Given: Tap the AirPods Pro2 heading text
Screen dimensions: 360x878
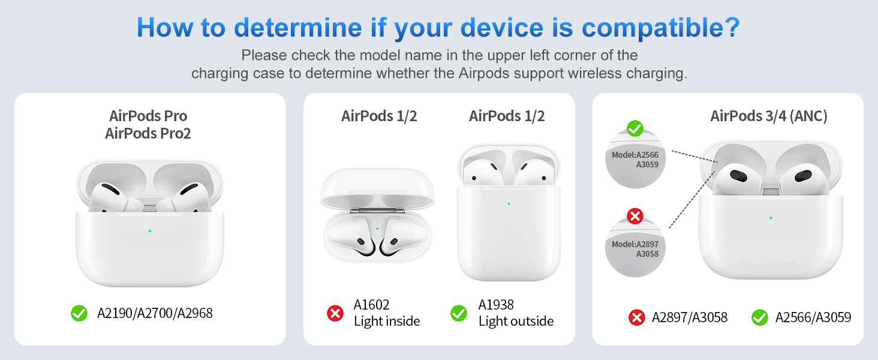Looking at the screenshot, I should tap(148, 133).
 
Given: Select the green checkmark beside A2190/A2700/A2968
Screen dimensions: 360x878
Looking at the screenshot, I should tap(79, 313).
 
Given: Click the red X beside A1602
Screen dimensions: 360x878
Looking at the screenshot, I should tap(335, 313).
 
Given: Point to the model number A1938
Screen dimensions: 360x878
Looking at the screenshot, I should tap(496, 305).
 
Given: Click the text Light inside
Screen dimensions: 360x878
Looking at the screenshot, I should tap(387, 322).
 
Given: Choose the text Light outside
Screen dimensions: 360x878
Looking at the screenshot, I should tap(516, 322).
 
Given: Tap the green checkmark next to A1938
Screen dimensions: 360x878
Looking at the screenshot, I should tap(459, 313).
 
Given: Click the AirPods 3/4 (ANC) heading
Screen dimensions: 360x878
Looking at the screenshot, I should tap(769, 116).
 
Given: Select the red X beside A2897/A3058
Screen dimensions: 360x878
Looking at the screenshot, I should tap(636, 317).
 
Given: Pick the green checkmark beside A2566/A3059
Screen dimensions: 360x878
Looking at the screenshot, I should tap(760, 317).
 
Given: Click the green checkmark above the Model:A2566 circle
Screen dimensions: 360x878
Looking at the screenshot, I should tap(635, 128).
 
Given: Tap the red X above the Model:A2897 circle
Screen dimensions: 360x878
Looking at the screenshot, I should tap(635, 215).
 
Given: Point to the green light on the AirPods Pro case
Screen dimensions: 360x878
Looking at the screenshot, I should tap(150, 231).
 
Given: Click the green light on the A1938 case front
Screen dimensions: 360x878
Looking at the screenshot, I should tap(509, 203).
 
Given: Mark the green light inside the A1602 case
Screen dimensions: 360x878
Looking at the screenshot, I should tap(377, 228).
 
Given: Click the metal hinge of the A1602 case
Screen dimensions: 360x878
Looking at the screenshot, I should tap(377, 211).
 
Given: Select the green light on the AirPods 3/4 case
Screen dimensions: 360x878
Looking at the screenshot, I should tap(771, 218).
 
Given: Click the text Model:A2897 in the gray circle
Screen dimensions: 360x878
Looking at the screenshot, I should tap(635, 244).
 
